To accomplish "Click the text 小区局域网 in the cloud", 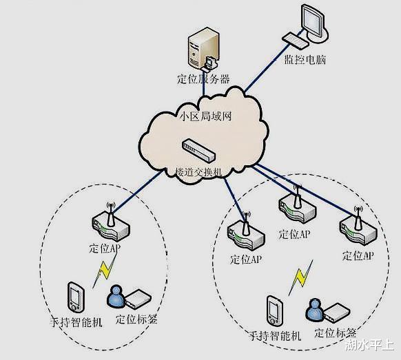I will point(205,115).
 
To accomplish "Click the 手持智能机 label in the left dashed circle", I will point(75,321).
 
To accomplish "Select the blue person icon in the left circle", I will point(115,297).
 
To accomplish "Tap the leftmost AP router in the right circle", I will point(245,234).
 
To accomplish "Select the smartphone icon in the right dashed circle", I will point(274,311).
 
